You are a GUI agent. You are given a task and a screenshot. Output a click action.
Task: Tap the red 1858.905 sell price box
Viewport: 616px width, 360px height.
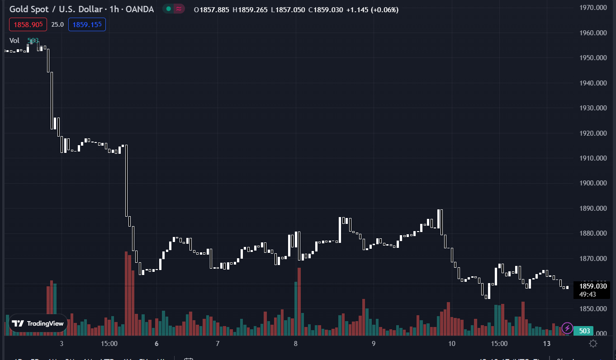(28, 24)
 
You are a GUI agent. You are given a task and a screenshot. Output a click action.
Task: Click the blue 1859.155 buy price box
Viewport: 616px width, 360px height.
(87, 24)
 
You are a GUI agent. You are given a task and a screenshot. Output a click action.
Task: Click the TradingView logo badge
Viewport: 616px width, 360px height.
(38, 323)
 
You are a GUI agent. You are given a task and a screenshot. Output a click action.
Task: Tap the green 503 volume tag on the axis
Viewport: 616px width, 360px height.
(585, 331)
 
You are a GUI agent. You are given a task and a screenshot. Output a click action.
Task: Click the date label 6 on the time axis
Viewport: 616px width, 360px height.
(156, 344)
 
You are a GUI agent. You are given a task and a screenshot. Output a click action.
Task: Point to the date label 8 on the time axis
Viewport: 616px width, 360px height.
(296, 344)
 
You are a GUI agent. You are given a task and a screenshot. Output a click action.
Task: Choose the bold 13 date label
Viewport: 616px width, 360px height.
(547, 344)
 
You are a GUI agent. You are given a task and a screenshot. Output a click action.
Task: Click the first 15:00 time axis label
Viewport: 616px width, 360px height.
(109, 344)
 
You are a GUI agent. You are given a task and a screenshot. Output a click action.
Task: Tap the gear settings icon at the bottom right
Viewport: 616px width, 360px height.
(593, 344)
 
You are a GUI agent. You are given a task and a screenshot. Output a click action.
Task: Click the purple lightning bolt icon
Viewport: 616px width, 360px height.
(567, 328)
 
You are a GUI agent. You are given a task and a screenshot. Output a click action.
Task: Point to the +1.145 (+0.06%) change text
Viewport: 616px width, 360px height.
(372, 9)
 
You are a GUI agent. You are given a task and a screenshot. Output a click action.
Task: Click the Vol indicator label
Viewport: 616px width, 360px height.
(14, 41)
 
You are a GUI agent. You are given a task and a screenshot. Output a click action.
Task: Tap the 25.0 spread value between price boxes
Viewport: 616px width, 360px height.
(57, 24)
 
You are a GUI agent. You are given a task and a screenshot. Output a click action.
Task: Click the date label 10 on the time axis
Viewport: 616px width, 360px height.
(452, 344)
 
